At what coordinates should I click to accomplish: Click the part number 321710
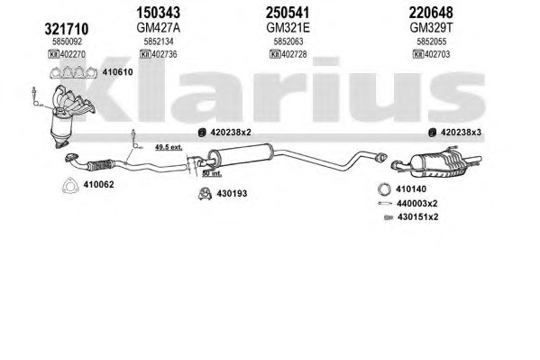(x=67, y=29)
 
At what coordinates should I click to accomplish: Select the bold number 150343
(x=158, y=13)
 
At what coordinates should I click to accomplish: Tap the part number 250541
(x=288, y=13)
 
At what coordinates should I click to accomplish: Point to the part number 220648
(x=431, y=13)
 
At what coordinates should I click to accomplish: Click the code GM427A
(x=158, y=28)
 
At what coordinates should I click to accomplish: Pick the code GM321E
(x=288, y=28)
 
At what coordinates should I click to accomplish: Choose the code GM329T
(x=431, y=28)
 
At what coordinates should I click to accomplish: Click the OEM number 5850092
(x=67, y=42)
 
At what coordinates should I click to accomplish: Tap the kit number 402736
(x=165, y=54)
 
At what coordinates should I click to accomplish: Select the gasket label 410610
(x=117, y=72)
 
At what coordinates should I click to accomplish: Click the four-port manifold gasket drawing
(x=73, y=73)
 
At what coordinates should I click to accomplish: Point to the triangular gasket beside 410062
(x=69, y=186)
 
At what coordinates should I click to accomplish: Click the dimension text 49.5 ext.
(x=169, y=147)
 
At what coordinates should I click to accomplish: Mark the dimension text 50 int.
(x=212, y=173)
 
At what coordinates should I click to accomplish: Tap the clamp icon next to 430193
(x=205, y=194)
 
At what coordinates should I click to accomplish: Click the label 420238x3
(x=461, y=132)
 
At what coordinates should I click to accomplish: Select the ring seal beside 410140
(x=384, y=189)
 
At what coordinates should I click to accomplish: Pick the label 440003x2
(x=416, y=203)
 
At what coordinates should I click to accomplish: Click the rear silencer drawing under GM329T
(x=436, y=161)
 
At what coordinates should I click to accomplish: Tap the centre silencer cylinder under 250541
(x=241, y=154)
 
